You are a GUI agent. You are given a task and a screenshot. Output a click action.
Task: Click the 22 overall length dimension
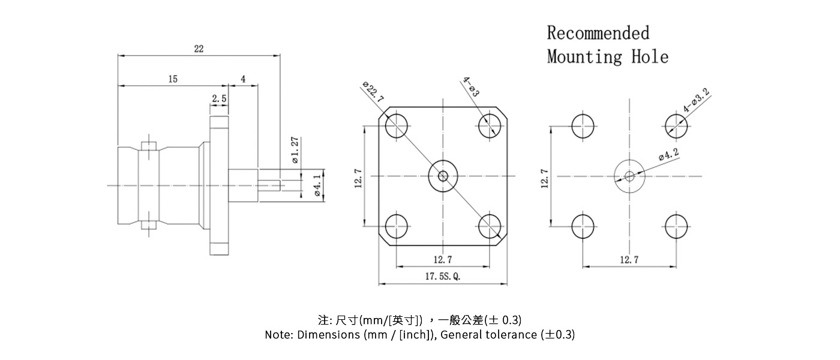pyautogui.click(x=199, y=49)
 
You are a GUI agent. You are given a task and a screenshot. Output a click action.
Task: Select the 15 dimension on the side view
pyautogui.click(x=173, y=79)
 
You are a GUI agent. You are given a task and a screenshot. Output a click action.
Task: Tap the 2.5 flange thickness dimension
pyautogui.click(x=219, y=98)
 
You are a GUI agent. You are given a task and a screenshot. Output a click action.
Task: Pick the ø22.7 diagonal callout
pyautogui.click(x=373, y=91)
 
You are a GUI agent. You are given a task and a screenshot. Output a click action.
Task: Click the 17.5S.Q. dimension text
pyautogui.click(x=442, y=277)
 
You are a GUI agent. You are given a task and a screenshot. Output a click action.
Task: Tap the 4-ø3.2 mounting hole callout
pyautogui.click(x=697, y=101)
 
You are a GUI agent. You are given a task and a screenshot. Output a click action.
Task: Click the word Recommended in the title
pyautogui.click(x=598, y=32)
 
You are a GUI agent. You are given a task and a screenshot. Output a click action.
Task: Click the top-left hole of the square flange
pyautogui.click(x=397, y=126)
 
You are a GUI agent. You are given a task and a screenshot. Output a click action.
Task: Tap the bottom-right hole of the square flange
pyautogui.click(x=491, y=227)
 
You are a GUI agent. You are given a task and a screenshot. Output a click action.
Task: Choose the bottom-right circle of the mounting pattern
pyautogui.click(x=677, y=226)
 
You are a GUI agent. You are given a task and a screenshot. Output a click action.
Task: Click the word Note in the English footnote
pyautogui.click(x=278, y=335)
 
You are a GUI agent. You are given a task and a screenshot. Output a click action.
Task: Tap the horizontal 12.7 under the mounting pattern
pyautogui.click(x=629, y=259)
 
